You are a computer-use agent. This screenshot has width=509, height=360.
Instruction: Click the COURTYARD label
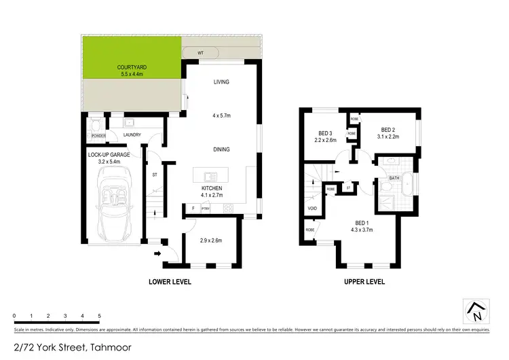coord(132,67)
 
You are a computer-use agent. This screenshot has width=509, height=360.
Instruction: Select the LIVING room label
coord(221,82)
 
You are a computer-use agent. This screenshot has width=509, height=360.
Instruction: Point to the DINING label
coord(221,149)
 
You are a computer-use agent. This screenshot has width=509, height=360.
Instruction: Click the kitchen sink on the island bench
coord(210,173)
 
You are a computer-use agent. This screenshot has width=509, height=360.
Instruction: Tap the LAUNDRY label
coord(132,135)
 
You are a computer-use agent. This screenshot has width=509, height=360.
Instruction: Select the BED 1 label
coord(363,223)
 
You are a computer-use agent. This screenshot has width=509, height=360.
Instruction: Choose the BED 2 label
coord(388,130)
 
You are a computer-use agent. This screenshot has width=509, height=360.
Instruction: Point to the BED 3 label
coord(326,133)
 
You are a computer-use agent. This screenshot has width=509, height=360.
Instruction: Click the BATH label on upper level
coord(394,179)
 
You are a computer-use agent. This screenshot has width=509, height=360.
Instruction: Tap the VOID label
coord(313,209)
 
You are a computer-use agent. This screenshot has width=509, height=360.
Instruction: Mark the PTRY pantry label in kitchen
coord(206,208)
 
